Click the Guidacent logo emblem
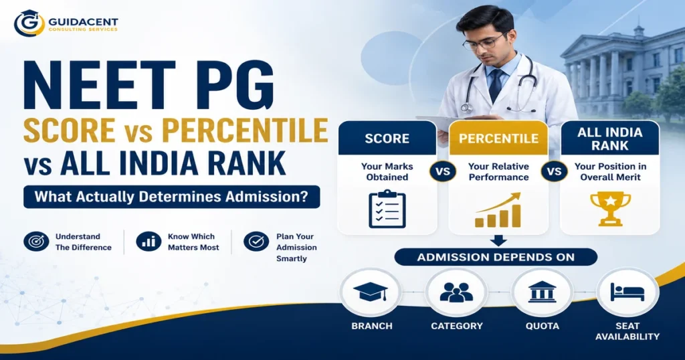(x=29, y=23)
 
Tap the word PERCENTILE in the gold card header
(x=498, y=139)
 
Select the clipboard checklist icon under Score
(x=387, y=209)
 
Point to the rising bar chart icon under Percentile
(x=498, y=209)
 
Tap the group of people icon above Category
(x=456, y=292)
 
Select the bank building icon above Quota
(x=542, y=292)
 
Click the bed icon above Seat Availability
(x=627, y=292)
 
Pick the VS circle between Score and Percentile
(x=443, y=171)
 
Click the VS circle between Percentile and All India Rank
(x=555, y=171)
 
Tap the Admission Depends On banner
(x=496, y=257)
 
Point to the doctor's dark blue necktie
(x=496, y=85)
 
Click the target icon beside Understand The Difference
(x=36, y=241)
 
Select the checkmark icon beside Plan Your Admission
(x=256, y=241)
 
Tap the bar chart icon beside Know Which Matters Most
(x=149, y=241)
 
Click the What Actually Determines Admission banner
(x=172, y=197)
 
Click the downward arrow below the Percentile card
(x=498, y=240)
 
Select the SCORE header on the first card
(x=387, y=139)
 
